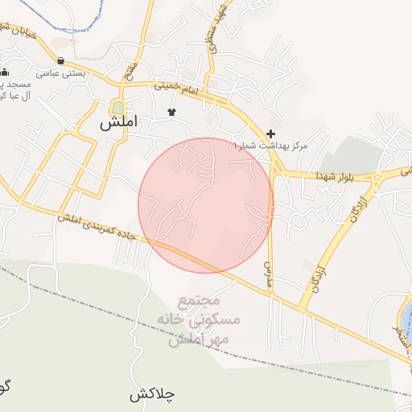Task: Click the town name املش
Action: [119, 124]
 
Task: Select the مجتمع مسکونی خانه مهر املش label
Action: [201, 320]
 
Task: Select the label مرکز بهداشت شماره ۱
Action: [270, 146]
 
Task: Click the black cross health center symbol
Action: [270, 134]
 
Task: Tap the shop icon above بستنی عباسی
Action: [61, 60]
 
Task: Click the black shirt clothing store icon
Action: [171, 112]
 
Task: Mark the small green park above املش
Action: [119, 107]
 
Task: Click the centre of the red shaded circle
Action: [206, 205]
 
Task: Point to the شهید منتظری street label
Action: [215, 28]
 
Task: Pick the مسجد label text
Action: [16, 84]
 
